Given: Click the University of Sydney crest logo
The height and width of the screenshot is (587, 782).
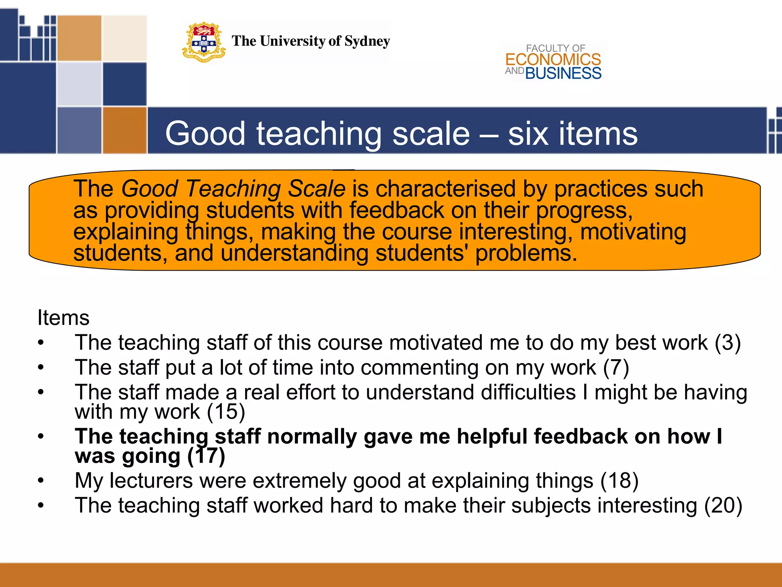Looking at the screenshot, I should point(204,42).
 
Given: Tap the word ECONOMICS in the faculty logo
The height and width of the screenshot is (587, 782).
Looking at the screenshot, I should point(553,60).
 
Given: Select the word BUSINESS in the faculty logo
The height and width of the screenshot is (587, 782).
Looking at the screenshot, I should point(563,73).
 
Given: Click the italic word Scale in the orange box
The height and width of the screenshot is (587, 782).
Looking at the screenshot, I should point(317,188).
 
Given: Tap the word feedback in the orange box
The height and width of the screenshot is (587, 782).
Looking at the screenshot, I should point(397,210).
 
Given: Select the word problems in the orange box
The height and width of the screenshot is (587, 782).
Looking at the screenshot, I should point(526,253).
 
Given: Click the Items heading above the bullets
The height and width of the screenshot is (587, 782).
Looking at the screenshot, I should point(63,318).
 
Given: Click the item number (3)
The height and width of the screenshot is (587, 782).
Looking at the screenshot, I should point(728,342).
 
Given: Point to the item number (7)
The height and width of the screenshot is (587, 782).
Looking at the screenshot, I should point(616,367).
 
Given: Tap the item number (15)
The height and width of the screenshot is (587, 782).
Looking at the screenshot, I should point(226,412).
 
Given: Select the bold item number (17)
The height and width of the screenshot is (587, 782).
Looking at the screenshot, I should point(206,456).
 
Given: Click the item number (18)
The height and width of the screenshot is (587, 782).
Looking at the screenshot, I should point(619,480).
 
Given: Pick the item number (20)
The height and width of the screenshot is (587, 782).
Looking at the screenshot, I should point(723,505).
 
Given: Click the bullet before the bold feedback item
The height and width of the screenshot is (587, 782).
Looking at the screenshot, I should point(41,436).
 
